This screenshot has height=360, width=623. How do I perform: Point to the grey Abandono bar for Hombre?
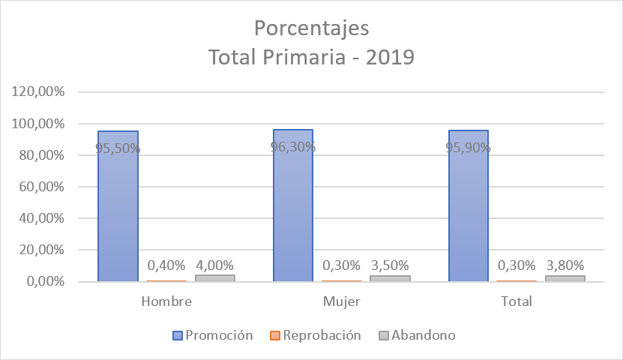(214, 278)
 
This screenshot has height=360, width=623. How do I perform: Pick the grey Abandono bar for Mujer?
(390, 279)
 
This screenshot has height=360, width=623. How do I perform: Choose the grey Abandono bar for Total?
(565, 279)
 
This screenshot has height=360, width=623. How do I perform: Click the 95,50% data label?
(118, 148)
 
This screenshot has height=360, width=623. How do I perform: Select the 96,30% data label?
(293, 146)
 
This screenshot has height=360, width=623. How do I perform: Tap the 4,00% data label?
(214, 265)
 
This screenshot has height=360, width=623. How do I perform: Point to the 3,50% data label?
(390, 265)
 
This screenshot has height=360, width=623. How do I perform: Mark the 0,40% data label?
(166, 265)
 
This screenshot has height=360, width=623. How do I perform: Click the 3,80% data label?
(565, 265)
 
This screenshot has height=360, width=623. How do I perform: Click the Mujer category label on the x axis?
(341, 301)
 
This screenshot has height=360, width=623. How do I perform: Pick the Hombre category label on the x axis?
(166, 301)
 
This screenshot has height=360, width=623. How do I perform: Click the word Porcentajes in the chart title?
(311, 28)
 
